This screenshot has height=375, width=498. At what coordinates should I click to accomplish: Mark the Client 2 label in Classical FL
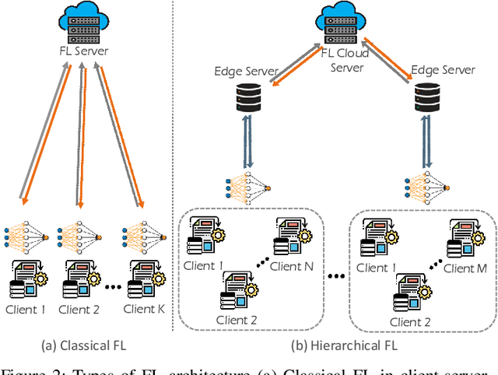[x=83, y=310]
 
